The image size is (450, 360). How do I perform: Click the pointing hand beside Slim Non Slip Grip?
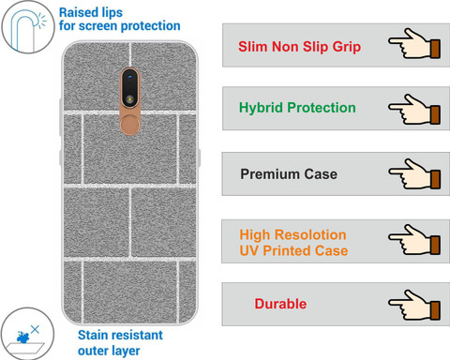pyautogui.click(x=414, y=44)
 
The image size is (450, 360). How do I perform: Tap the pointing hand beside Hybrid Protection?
pyautogui.click(x=414, y=110)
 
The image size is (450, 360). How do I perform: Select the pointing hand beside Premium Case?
pyautogui.click(x=414, y=174)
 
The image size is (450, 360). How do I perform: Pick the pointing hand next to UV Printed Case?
pyautogui.click(x=414, y=239)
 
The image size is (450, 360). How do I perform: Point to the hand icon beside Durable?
pyautogui.click(x=414, y=305)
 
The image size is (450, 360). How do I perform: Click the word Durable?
pyautogui.click(x=280, y=304)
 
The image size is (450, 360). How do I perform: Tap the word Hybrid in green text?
pyautogui.click(x=261, y=108)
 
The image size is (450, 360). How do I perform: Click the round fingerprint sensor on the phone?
pyautogui.click(x=129, y=125)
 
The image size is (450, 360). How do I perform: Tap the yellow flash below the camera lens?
pyautogui.click(x=129, y=99)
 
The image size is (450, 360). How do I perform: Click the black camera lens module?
pyautogui.click(x=129, y=88)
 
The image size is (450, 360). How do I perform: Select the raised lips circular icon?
pyautogui.click(x=28, y=26)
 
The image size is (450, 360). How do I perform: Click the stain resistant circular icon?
pyautogui.click(x=27, y=334)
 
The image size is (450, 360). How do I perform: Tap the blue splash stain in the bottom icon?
pyautogui.click(x=22, y=337)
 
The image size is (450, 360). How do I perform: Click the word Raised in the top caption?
pyautogui.click(x=77, y=12)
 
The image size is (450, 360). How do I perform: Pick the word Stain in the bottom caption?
pyautogui.click(x=92, y=335)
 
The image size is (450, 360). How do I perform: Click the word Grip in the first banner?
pyautogui.click(x=347, y=47)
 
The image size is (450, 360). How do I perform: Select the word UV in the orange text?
pyautogui.click(x=249, y=250)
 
